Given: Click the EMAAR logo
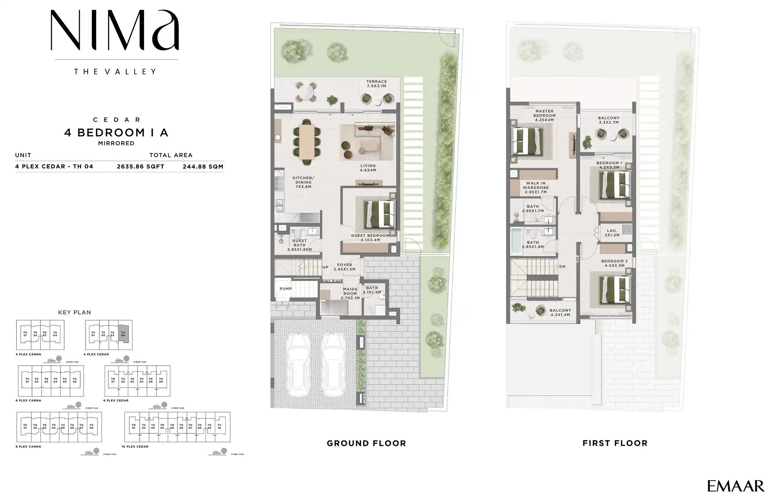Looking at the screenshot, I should pyautogui.click(x=736, y=486).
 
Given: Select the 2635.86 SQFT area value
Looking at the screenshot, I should pyautogui.click(x=140, y=166).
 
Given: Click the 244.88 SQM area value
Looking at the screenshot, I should pyautogui.click(x=203, y=166).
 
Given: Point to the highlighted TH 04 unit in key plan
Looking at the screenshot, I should pyautogui.click(x=123, y=334).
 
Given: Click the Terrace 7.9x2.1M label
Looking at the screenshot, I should pyautogui.click(x=376, y=84).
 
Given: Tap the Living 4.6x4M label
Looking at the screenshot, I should pyautogui.click(x=368, y=168).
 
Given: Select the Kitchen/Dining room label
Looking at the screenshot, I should pyautogui.click(x=303, y=182).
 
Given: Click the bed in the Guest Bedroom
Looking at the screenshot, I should pyautogui.click(x=379, y=214).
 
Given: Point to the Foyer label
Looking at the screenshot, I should pyautogui.click(x=345, y=267).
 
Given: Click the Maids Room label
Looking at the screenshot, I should pyautogui.click(x=350, y=293).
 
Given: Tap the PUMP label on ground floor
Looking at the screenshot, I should pyautogui.click(x=285, y=289).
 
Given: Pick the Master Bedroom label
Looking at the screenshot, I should pyautogui.click(x=544, y=115).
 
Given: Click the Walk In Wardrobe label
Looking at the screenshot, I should pyautogui.click(x=536, y=187).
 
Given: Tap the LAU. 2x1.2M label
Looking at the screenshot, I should pyautogui.click(x=612, y=233).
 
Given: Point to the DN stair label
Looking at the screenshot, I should pyautogui.click(x=562, y=267).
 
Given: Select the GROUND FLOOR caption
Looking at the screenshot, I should pyautogui.click(x=366, y=443).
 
